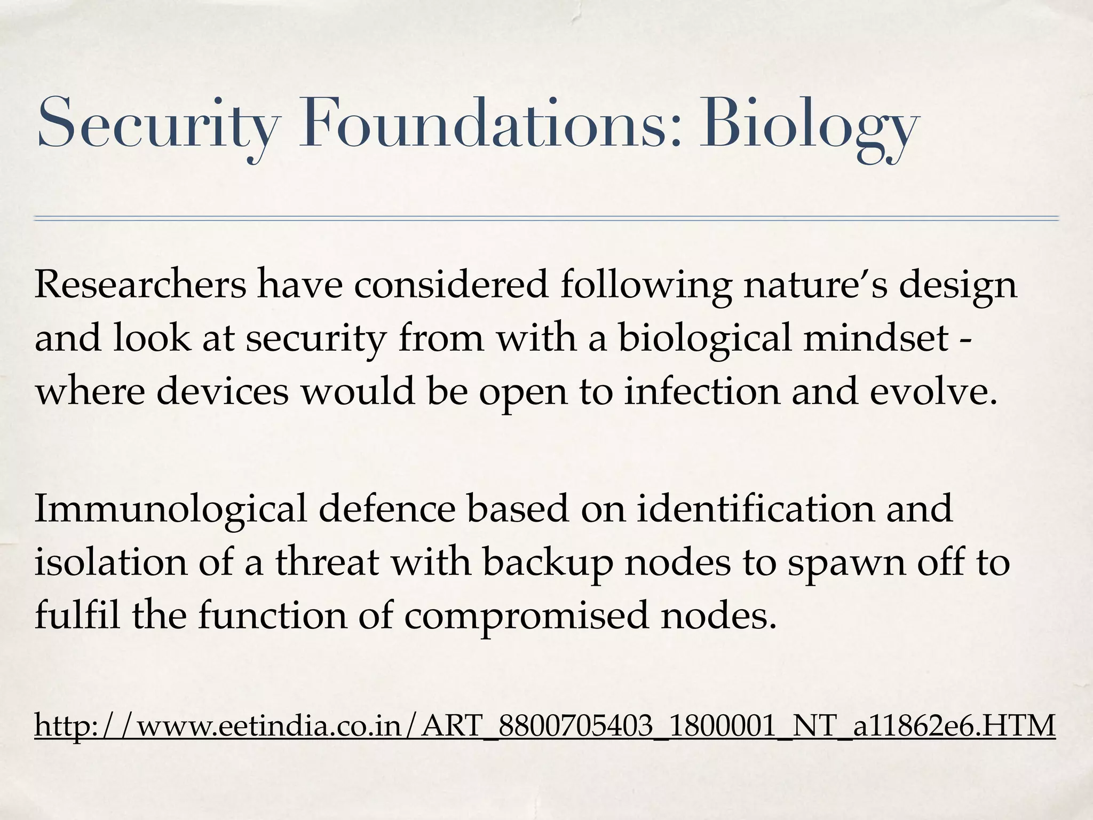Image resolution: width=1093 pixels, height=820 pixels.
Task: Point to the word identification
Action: (x=756, y=508)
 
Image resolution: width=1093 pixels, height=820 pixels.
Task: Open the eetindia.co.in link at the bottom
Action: (x=545, y=726)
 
